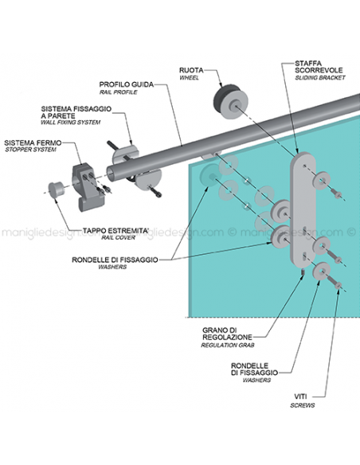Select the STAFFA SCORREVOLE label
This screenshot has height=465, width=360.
(312, 67)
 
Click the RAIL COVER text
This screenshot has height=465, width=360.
(107, 240)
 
